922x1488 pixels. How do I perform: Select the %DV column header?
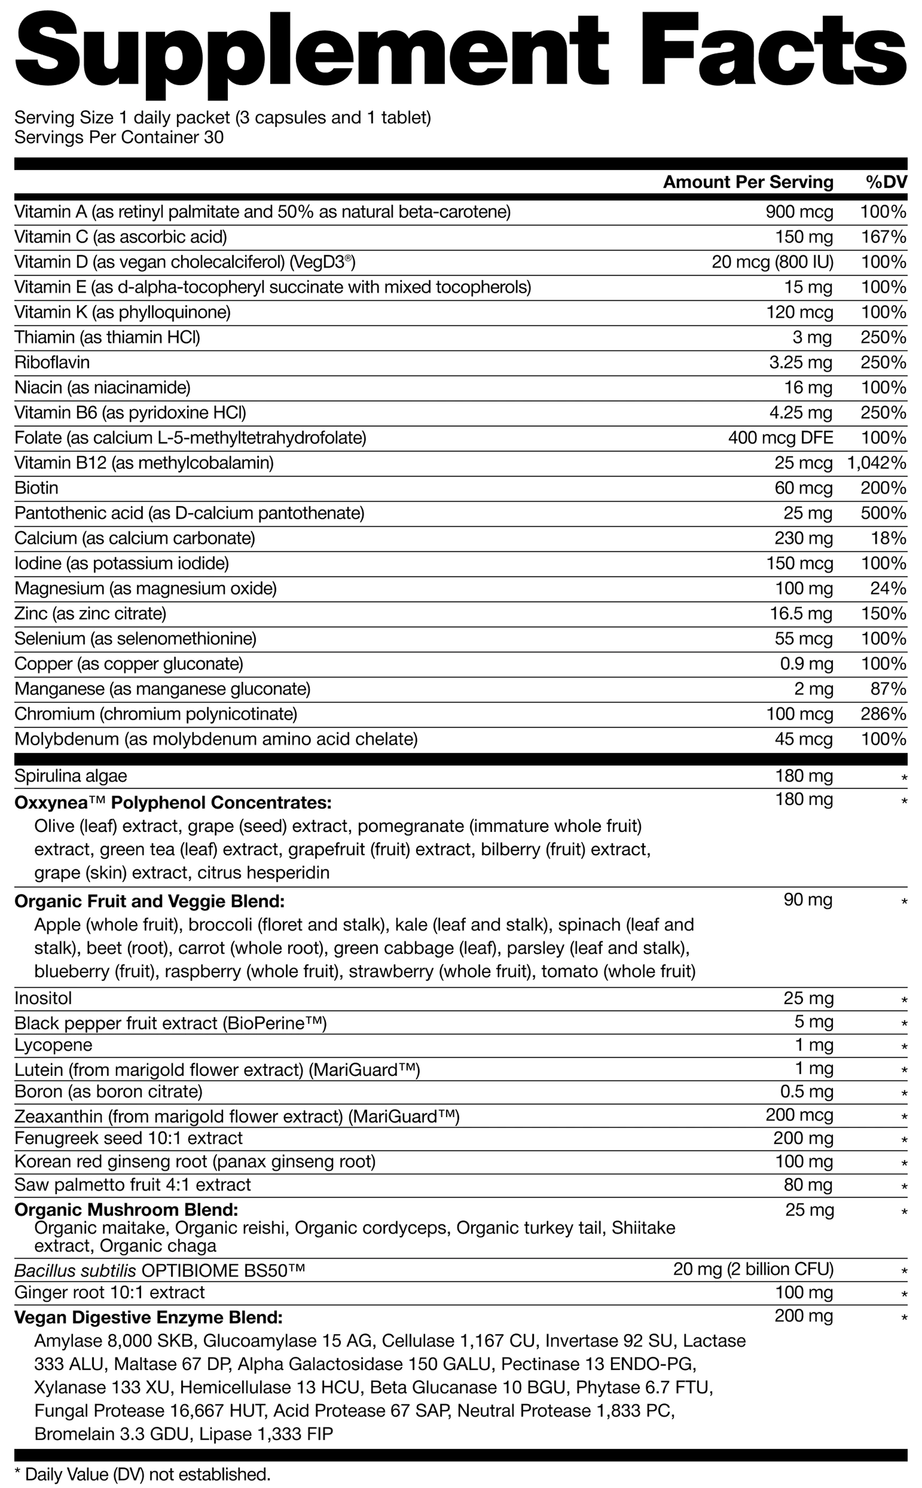(886, 182)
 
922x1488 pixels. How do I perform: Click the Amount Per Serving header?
(748, 182)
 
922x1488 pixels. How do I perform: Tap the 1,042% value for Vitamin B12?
(876, 463)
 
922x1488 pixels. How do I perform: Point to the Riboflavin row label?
(52, 362)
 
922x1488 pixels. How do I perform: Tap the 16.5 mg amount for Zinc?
(801, 613)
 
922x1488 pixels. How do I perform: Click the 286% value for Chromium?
(883, 713)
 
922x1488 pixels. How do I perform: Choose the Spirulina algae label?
(71, 776)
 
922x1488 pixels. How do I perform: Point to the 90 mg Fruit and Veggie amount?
(808, 900)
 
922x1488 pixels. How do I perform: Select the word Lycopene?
(53, 1045)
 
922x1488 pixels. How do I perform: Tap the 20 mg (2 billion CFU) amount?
(753, 1269)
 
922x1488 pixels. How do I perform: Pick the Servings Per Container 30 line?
(119, 137)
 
